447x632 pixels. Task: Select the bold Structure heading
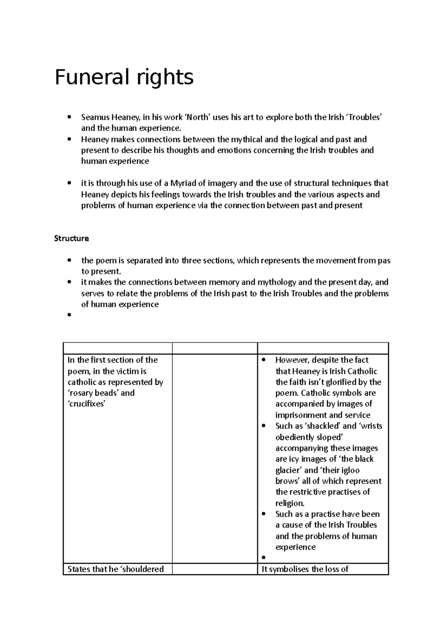pos(72,238)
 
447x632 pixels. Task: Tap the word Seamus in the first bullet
pos(95,117)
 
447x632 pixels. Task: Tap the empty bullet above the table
pos(69,315)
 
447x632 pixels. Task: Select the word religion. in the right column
pos(290,503)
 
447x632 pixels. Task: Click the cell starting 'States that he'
pos(116,569)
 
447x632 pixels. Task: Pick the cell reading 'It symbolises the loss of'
pos(305,569)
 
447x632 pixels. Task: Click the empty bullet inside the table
pos(264,558)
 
